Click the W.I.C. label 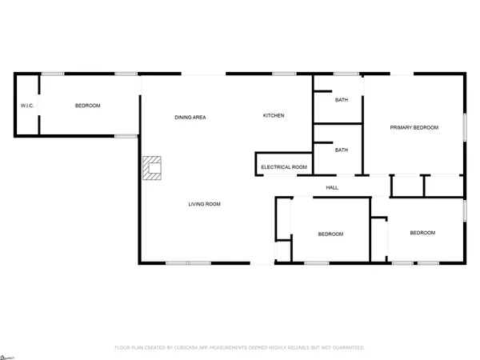click(x=25, y=106)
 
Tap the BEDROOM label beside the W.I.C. click(x=88, y=106)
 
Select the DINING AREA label click(x=190, y=118)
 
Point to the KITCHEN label click(x=274, y=116)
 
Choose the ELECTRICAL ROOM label click(x=284, y=167)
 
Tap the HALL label click(x=332, y=188)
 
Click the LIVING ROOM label click(x=204, y=204)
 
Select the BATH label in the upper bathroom click(x=342, y=100)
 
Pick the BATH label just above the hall click(x=342, y=150)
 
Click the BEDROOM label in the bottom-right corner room click(x=422, y=233)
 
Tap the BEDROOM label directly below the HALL click(x=330, y=234)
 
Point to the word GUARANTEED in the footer click(x=346, y=348)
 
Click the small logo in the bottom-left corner click(x=7, y=354)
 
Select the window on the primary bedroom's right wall click(x=465, y=128)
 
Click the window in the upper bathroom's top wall click(x=346, y=74)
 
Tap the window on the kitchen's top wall click(x=284, y=74)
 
